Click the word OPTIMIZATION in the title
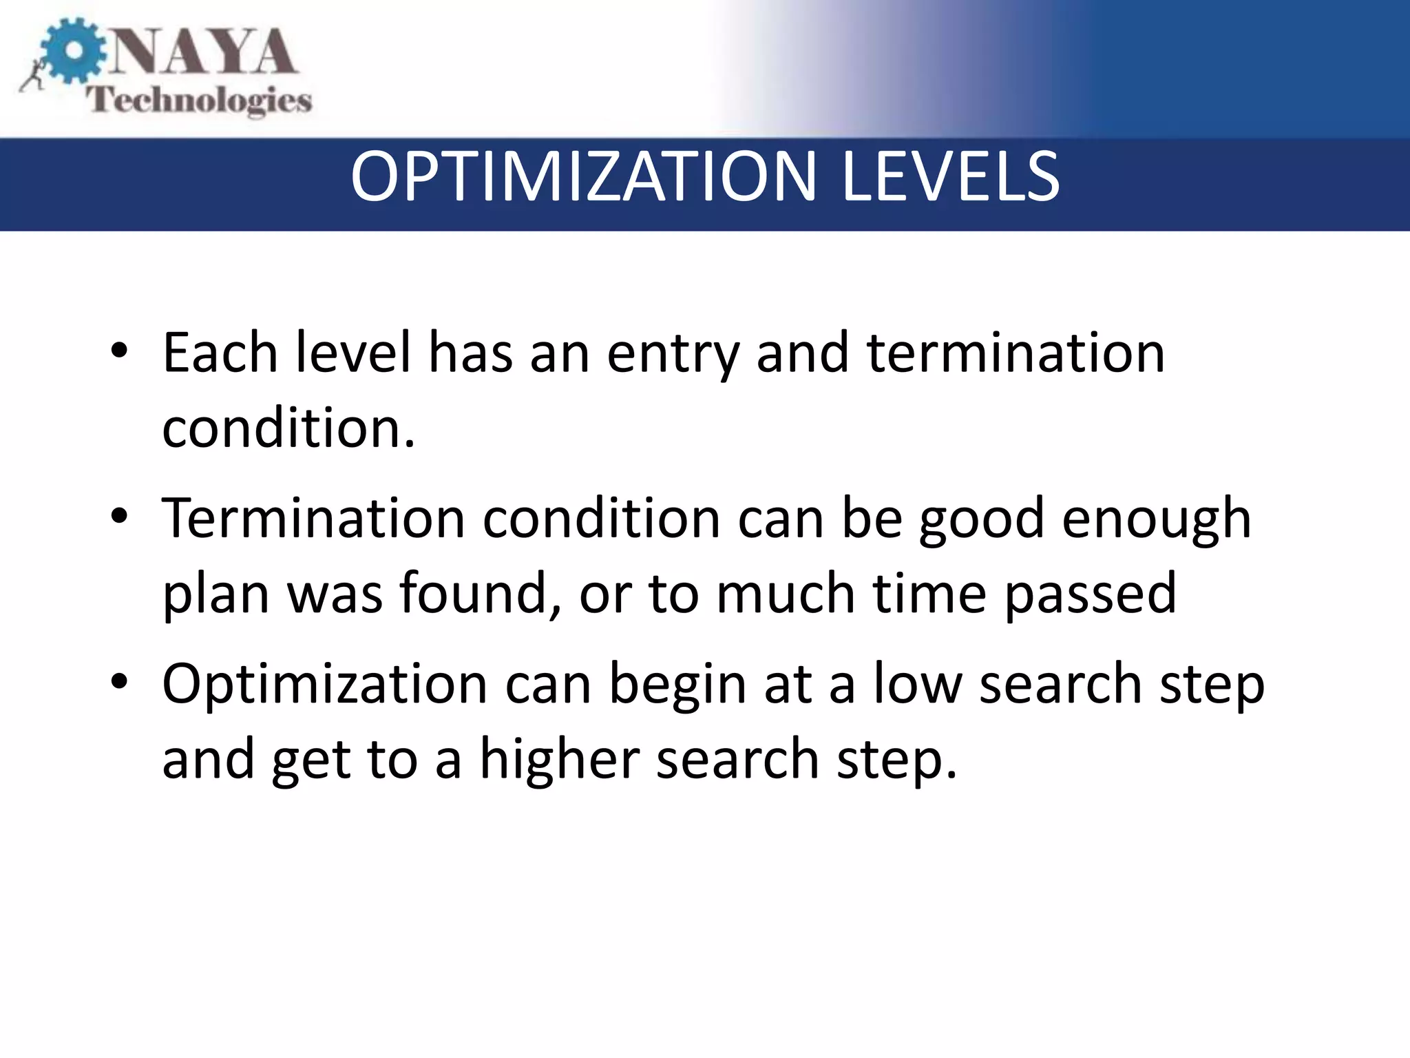pos(582,178)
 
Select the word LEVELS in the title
pos(950,178)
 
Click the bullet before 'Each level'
pos(119,351)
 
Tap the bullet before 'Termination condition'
pos(119,516)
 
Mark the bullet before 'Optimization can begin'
pos(119,681)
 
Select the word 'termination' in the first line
pos(1016,353)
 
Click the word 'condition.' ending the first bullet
pos(288,428)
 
